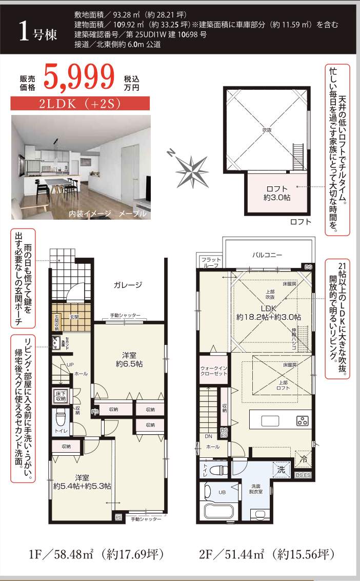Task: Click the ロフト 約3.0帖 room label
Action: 277,193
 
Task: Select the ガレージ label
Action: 128,285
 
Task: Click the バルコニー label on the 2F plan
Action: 268,254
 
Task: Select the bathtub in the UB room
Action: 219,511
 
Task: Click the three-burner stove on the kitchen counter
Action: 302,421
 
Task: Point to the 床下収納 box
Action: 61,395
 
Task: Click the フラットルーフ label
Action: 211,263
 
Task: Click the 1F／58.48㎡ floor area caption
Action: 96,554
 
